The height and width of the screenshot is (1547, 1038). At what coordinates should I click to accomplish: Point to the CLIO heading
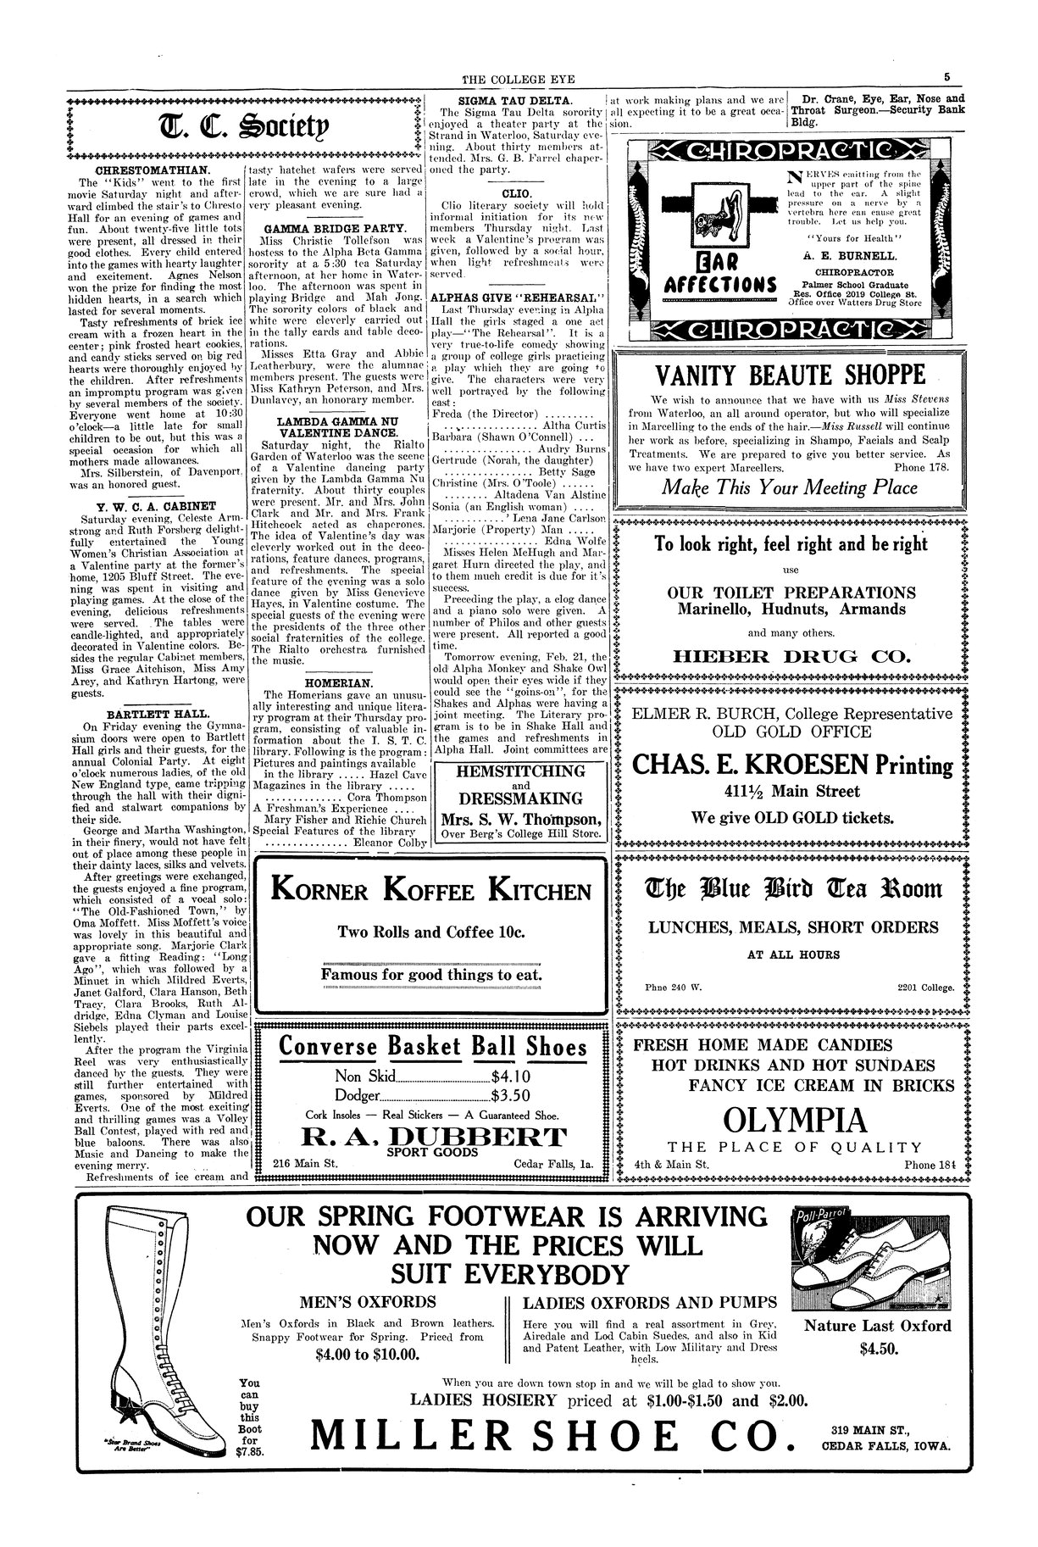pyautogui.click(x=517, y=193)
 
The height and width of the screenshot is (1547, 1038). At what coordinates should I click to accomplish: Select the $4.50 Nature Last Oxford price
pyautogui.click(x=877, y=1348)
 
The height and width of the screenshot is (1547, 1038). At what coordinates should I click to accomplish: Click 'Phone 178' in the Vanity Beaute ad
pyautogui.click(x=922, y=466)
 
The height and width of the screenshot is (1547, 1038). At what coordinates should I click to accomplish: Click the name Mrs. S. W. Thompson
pyautogui.click(x=521, y=819)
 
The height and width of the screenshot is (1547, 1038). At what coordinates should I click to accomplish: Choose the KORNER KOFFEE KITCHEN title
pyautogui.click(x=431, y=892)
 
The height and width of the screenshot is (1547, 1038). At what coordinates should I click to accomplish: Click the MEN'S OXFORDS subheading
pyautogui.click(x=369, y=1302)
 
